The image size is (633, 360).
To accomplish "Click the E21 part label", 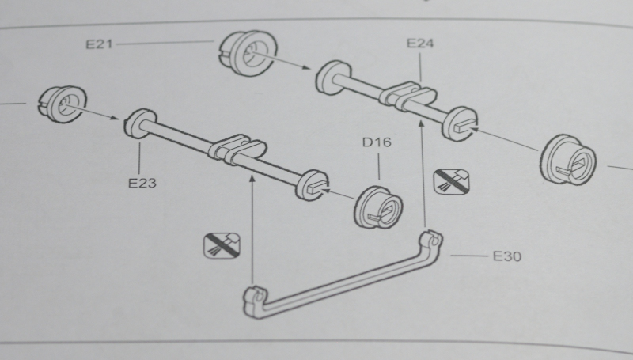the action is (99, 44).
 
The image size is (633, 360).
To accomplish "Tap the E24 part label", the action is (420, 44).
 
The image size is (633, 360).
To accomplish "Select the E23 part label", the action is (142, 183).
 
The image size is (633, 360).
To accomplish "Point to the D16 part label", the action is (377, 142).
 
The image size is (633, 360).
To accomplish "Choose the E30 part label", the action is (507, 256).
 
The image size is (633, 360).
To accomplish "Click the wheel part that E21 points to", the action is (248, 53).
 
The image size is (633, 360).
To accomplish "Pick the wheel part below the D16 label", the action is (378, 207).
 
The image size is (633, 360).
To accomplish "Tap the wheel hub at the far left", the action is (63, 104).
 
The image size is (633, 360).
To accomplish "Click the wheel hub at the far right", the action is (567, 160).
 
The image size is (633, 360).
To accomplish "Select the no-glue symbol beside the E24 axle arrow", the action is (451, 182).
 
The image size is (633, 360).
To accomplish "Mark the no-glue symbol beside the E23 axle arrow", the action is (222, 245).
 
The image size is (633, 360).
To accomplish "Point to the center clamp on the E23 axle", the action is (237, 150).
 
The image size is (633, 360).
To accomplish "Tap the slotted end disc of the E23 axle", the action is (312, 185).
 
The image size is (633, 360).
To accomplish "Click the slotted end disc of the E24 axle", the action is (460, 124).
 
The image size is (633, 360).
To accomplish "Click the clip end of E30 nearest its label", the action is (430, 241).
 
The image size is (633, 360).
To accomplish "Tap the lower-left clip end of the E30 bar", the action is (254, 301).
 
